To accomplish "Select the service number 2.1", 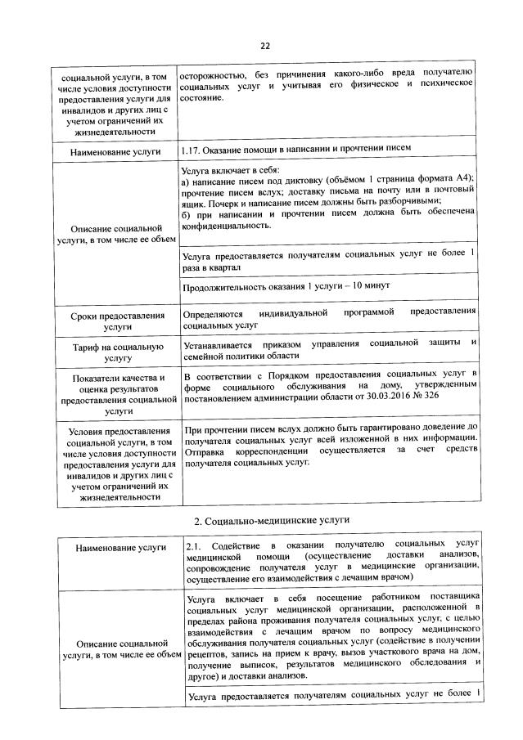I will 193,544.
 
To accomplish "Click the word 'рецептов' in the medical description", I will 208,655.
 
